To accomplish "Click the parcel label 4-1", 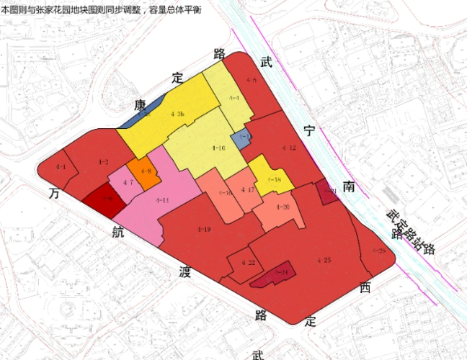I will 61,167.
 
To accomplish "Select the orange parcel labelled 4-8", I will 146,171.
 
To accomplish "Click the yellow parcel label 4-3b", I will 178,114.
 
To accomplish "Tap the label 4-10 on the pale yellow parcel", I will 218,148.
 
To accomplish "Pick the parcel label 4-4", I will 234,97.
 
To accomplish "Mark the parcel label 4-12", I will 289,148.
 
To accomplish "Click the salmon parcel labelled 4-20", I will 282,207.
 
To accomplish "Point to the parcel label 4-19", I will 204,229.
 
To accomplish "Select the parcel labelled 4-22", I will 249,262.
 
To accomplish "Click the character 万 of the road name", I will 53,195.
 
